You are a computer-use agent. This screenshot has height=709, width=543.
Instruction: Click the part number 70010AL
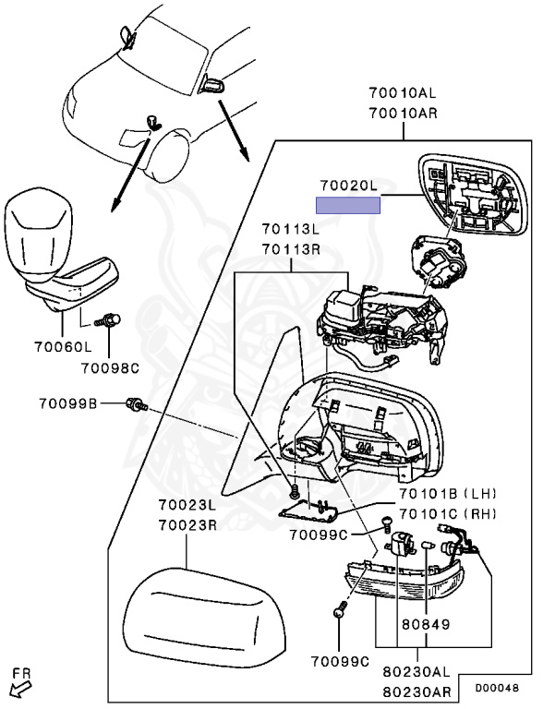(403, 93)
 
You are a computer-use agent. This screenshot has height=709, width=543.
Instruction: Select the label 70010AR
(403, 113)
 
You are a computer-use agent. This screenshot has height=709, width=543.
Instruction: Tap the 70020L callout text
(349, 186)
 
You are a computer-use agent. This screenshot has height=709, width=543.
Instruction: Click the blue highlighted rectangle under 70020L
(348, 205)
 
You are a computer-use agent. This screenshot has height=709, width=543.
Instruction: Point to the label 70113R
(291, 248)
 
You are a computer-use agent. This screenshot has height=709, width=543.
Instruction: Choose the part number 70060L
(63, 347)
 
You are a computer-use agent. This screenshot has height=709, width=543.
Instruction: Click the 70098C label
(110, 368)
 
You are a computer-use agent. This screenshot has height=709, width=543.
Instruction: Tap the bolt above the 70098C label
(108, 321)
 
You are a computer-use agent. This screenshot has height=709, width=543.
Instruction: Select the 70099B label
(68, 403)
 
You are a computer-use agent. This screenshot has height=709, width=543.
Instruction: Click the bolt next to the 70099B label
(136, 403)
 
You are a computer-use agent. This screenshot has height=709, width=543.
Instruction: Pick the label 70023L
(187, 505)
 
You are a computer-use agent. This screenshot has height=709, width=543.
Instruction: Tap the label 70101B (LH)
(448, 493)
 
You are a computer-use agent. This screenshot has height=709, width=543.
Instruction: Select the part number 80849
(426, 624)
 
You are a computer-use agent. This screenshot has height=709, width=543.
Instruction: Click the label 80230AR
(416, 691)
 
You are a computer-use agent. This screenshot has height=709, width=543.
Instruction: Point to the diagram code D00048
(497, 688)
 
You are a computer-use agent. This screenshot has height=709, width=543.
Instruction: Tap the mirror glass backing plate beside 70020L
(474, 195)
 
